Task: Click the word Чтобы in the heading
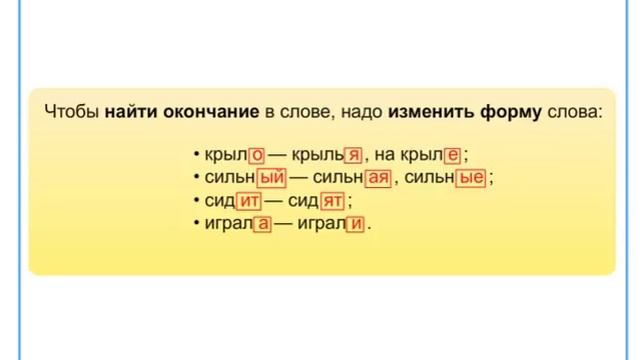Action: coord(71,111)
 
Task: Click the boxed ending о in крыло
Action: coord(256,155)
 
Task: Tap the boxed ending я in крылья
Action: coord(352,155)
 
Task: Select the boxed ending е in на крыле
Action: coord(452,155)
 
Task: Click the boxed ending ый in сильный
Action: coord(272,178)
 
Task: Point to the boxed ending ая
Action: coord(377,178)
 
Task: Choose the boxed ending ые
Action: coord(471,178)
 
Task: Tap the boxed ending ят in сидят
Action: coord(332,201)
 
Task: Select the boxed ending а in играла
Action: coord(263,224)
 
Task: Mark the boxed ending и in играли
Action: coord(355,224)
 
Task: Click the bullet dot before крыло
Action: coord(197,156)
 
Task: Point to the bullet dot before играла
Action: coord(197,225)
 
